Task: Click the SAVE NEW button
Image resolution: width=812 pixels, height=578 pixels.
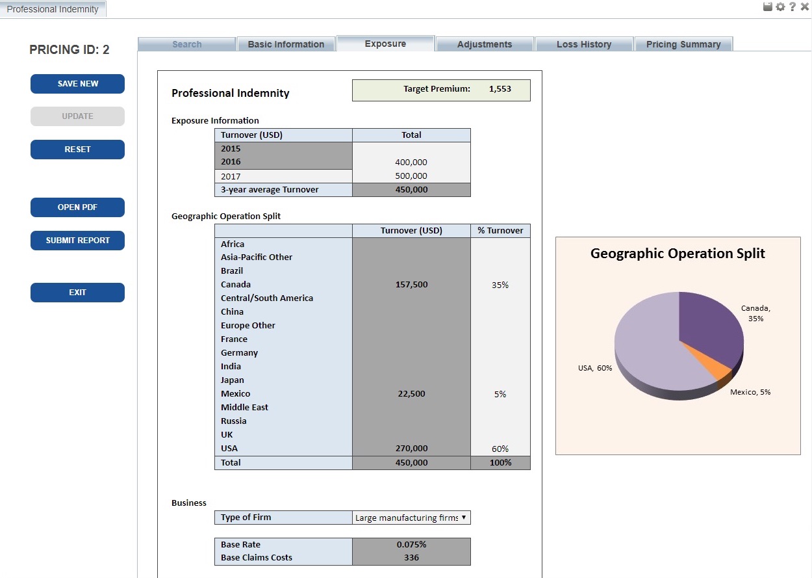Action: pyautogui.click(x=77, y=84)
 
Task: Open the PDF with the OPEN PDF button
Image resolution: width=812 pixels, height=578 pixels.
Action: pyautogui.click(x=77, y=207)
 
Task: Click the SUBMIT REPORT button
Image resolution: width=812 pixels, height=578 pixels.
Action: pyautogui.click(x=77, y=241)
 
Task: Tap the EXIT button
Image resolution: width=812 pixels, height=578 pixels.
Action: pyautogui.click(x=77, y=293)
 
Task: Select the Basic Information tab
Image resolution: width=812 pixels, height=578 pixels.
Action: pyautogui.click(x=286, y=44)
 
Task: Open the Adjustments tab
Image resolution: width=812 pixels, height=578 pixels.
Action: pyautogui.click(x=485, y=44)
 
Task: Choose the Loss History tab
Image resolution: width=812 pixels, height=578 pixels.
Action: pyautogui.click(x=583, y=44)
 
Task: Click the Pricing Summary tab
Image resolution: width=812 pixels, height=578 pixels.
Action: pyautogui.click(x=683, y=44)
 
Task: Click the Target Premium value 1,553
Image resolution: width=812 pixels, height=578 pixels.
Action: pyautogui.click(x=500, y=89)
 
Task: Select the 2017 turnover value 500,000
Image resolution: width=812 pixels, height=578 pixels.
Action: pyautogui.click(x=411, y=176)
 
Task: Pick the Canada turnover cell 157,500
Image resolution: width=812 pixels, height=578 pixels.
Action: pyautogui.click(x=411, y=285)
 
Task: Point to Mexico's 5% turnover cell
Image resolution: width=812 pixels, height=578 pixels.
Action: pyautogui.click(x=500, y=394)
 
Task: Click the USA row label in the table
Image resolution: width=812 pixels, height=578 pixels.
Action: pyautogui.click(x=229, y=448)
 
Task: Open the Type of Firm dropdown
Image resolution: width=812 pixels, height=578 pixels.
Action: pyautogui.click(x=411, y=518)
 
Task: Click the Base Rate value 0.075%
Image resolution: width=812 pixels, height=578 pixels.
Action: pyautogui.click(x=411, y=545)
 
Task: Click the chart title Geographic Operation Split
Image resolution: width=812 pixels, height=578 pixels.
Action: pyautogui.click(x=678, y=254)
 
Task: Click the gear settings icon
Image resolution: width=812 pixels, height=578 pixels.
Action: pyautogui.click(x=780, y=7)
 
